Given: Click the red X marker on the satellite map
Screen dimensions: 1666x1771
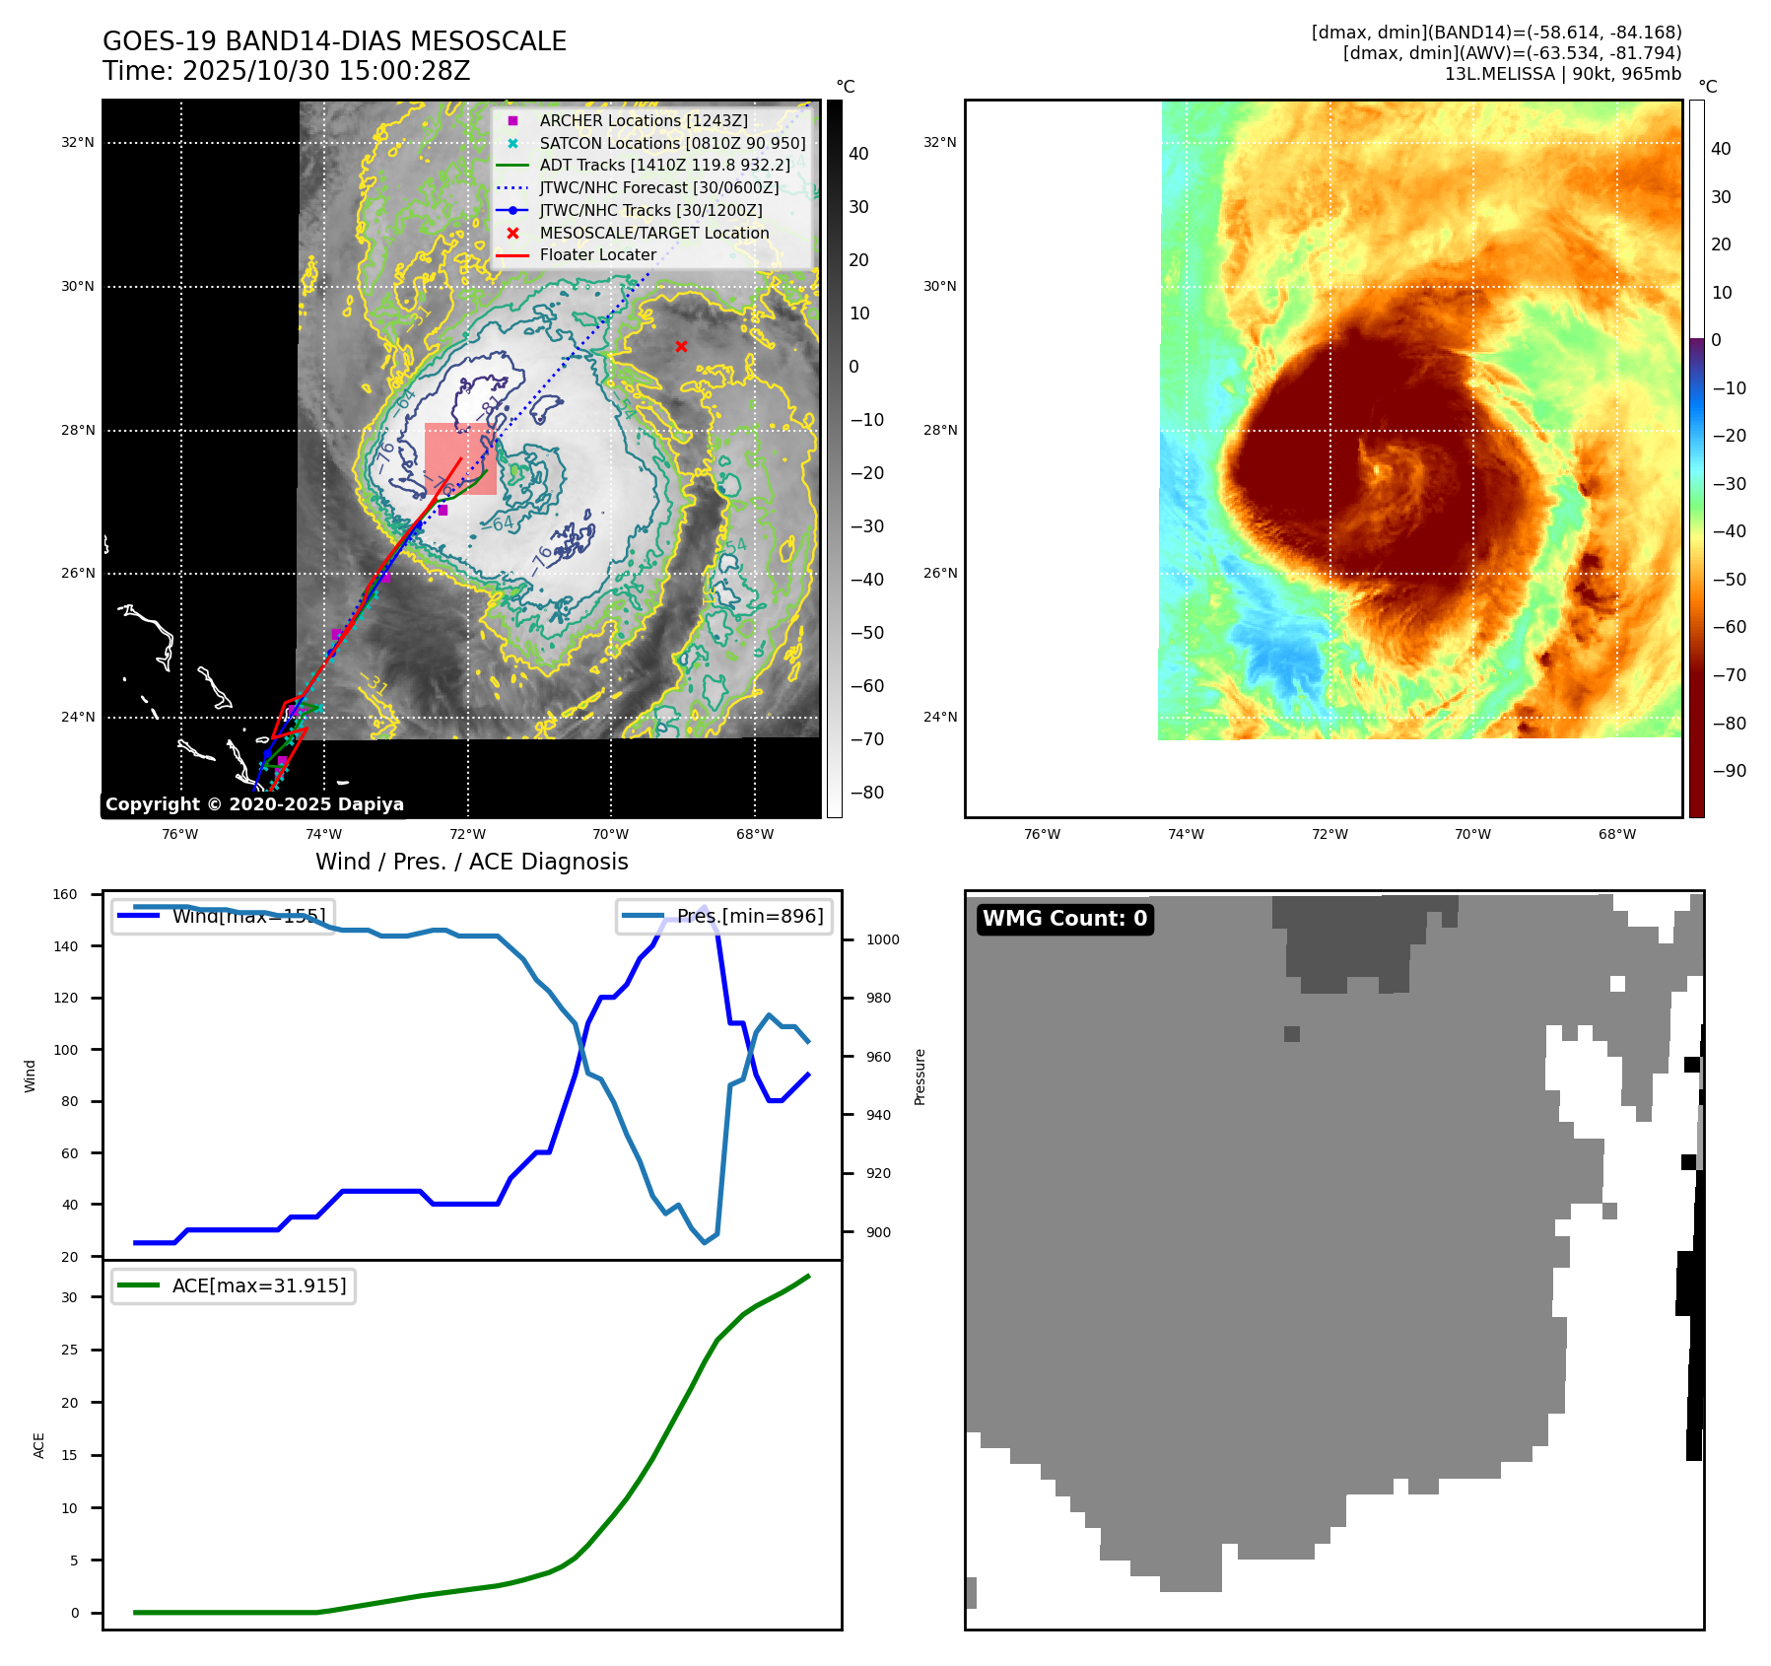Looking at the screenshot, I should [x=681, y=346].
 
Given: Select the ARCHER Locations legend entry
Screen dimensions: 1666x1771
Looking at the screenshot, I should [x=643, y=120].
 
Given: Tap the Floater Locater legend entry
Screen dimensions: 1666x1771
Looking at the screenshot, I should [x=597, y=254].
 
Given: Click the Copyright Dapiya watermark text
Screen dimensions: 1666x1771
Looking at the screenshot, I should [x=254, y=804].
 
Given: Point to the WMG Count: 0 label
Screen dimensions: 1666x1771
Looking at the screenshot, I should [x=1064, y=919].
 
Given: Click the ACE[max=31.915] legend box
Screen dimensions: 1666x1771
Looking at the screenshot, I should [x=234, y=1285].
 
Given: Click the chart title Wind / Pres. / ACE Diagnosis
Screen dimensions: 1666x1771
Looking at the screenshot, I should [x=471, y=862].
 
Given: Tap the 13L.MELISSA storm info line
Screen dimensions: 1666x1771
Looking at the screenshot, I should [x=1562, y=74].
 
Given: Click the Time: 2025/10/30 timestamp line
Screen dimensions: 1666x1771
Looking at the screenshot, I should [x=286, y=71].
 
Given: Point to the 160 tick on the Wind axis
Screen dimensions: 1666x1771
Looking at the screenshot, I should [x=65, y=895].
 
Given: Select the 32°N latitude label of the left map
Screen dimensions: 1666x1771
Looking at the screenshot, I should [x=78, y=143].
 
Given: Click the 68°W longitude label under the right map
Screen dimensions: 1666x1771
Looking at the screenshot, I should [x=1616, y=835].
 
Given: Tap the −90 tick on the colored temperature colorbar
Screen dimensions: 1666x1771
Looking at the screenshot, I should [x=1729, y=771].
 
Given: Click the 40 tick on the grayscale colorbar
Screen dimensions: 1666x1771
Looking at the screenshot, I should [x=858, y=154].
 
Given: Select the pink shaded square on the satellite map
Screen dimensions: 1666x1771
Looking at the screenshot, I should [x=459, y=458].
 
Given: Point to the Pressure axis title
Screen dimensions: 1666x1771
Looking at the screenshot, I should [x=920, y=1076].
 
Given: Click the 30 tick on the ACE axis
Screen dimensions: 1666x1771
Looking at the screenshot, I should [x=69, y=1297].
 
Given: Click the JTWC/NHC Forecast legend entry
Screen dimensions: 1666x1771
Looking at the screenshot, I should [x=658, y=187].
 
